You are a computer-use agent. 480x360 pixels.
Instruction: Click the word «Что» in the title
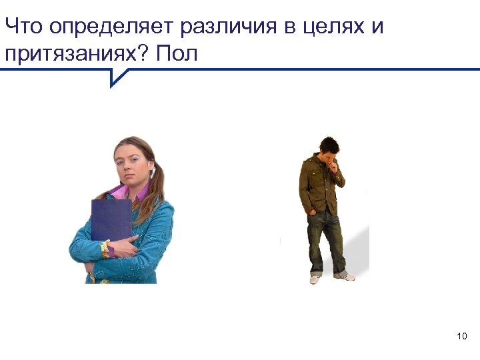(25, 27)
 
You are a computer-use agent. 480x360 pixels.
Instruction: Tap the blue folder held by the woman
(111, 220)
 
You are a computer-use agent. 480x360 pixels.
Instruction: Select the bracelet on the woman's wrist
(105, 247)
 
